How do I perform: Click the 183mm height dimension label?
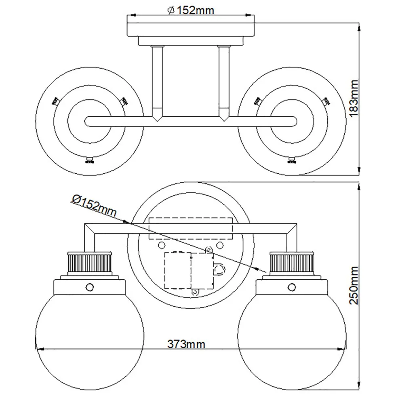point(354,98)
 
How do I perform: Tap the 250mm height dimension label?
point(354,285)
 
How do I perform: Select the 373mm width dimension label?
point(186,344)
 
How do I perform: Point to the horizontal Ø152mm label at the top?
point(191,11)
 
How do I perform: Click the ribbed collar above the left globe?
point(89,263)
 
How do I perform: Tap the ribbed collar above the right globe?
point(291,263)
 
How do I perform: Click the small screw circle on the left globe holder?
point(90,287)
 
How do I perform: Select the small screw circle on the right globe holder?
point(292,287)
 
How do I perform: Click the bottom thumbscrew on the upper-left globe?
point(90,160)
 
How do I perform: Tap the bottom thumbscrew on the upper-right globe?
point(292,160)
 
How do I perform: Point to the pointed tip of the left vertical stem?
point(157,121)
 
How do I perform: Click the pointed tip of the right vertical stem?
point(224,121)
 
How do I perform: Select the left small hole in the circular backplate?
point(161,245)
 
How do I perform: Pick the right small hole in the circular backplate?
point(220,245)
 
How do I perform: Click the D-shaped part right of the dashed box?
point(219,268)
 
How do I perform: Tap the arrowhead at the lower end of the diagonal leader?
point(262,270)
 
